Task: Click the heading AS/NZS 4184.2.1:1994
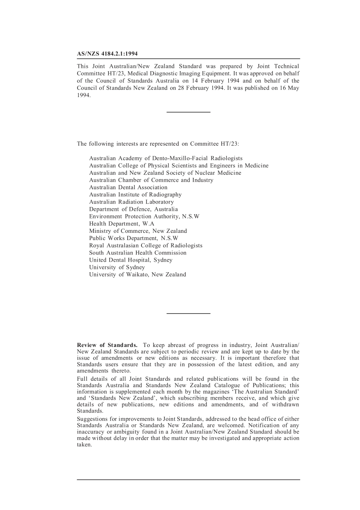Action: tap(107, 54)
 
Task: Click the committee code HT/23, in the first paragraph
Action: tap(112, 74)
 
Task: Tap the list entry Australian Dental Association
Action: tap(128, 187)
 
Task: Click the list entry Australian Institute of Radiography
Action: tap(135, 195)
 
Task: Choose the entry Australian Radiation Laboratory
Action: tap(131, 202)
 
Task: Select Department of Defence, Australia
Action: tap(133, 209)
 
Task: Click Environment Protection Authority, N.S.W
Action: tap(144, 216)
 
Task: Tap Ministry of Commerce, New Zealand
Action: tap(138, 231)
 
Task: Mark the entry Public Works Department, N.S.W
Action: tap(133, 238)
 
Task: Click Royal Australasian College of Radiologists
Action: tap(146, 245)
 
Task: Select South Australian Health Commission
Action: tap(138, 253)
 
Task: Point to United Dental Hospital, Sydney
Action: tap(131, 260)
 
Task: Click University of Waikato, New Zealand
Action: tap(138, 275)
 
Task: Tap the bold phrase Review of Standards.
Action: tap(107, 345)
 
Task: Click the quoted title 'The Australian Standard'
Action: tap(265, 392)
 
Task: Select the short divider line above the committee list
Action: tap(188, 112)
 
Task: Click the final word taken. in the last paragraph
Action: tap(85, 445)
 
